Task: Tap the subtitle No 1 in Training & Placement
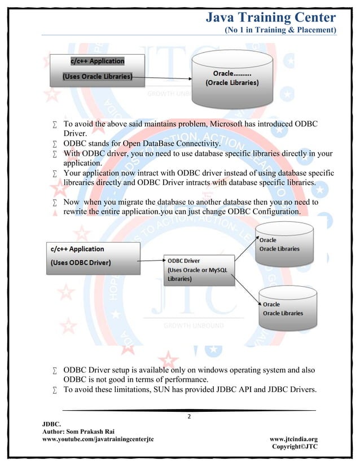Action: point(280,29)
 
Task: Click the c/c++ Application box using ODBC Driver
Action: point(93,258)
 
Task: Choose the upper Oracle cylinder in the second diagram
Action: point(284,245)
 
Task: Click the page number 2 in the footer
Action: point(189,416)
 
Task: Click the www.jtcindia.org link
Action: point(293,438)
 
